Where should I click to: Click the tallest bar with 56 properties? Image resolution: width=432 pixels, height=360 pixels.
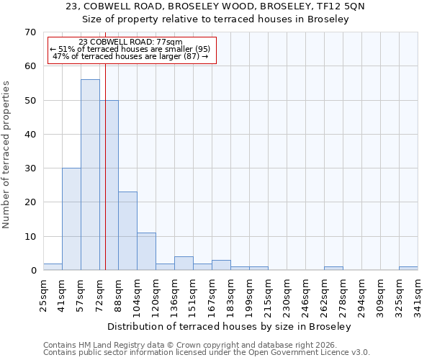pyautogui.click(x=90, y=175)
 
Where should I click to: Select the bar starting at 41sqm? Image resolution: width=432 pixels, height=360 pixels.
pyautogui.click(x=71, y=219)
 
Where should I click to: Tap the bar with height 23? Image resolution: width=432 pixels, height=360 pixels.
pyautogui.click(x=127, y=231)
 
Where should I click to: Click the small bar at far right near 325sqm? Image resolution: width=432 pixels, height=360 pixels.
pyautogui.click(x=408, y=269)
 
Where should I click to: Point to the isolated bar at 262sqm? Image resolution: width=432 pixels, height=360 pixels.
pyautogui.click(x=333, y=269)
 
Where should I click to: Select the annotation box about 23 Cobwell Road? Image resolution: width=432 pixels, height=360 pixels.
pyautogui.click(x=131, y=50)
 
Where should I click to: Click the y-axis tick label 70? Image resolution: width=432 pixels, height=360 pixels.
pyautogui.click(x=30, y=32)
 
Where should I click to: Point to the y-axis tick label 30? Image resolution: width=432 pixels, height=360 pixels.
pyautogui.click(x=30, y=168)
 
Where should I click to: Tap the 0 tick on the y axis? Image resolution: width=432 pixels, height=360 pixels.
pyautogui.click(x=32, y=271)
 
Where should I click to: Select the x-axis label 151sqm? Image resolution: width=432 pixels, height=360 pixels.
pyautogui.click(x=193, y=295)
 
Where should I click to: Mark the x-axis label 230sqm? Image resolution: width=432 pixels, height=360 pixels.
pyautogui.click(x=287, y=295)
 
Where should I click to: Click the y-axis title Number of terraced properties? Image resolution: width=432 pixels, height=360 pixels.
pyautogui.click(x=6, y=154)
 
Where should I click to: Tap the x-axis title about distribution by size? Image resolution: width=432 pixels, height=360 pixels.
pyautogui.click(x=233, y=327)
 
